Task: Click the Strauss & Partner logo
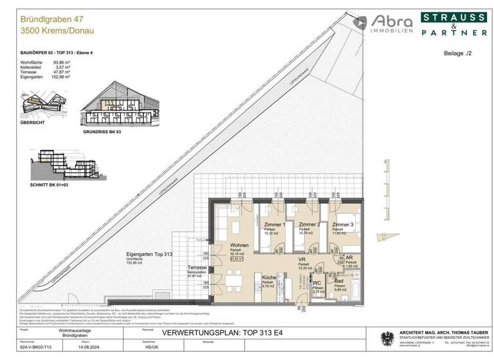point(454,25)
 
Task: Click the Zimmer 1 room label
point(275,224)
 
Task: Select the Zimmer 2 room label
point(309,224)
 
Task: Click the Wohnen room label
point(240,246)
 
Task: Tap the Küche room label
point(269,277)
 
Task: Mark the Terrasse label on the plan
point(196,267)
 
